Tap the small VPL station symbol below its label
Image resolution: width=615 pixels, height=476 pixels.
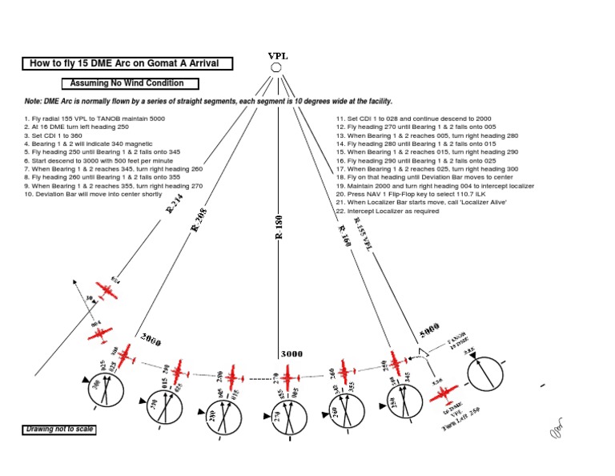tap(276, 68)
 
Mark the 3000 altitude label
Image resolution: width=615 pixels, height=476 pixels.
tap(291, 354)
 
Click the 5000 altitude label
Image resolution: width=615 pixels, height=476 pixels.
tap(429, 332)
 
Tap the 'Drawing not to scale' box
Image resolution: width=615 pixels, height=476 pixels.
tap(58, 430)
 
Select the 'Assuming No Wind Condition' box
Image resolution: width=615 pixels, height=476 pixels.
tap(130, 83)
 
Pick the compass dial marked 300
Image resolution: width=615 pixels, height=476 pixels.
tap(107, 390)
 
